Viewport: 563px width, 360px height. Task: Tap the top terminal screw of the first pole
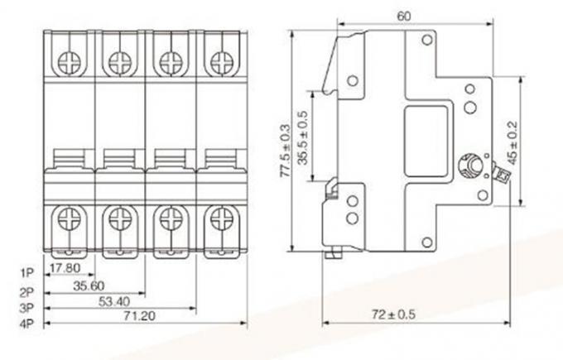[68, 60]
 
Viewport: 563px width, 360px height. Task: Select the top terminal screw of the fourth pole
[219, 60]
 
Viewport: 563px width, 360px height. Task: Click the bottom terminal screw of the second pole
[119, 220]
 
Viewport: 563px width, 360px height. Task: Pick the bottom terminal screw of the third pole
[170, 220]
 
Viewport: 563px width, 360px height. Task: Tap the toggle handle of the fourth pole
[219, 157]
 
